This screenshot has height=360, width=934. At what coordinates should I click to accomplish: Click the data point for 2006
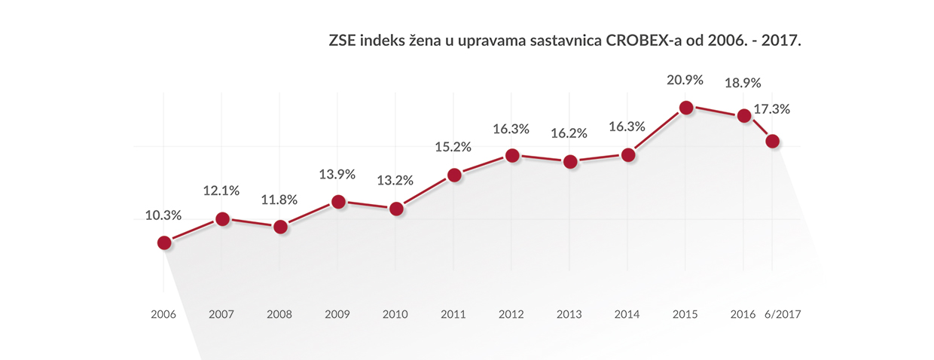[163, 243]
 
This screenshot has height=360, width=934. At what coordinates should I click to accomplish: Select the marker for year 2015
[685, 108]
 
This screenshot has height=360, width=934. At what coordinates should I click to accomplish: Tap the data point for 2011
[454, 175]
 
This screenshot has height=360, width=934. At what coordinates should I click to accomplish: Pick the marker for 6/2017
[771, 142]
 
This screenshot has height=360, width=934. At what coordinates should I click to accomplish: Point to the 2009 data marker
[338, 202]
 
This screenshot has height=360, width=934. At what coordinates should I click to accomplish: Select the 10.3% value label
[163, 215]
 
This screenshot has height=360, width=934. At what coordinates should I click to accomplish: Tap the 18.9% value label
[743, 84]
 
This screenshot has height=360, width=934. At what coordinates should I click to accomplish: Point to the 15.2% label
[454, 148]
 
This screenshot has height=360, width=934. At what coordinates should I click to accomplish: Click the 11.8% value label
[279, 200]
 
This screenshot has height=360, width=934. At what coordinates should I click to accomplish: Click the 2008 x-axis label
[279, 313]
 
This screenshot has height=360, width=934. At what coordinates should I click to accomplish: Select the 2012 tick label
[512, 313]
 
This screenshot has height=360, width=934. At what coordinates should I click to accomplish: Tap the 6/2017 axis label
[782, 313]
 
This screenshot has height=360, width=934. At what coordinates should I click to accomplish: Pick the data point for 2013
[570, 161]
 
